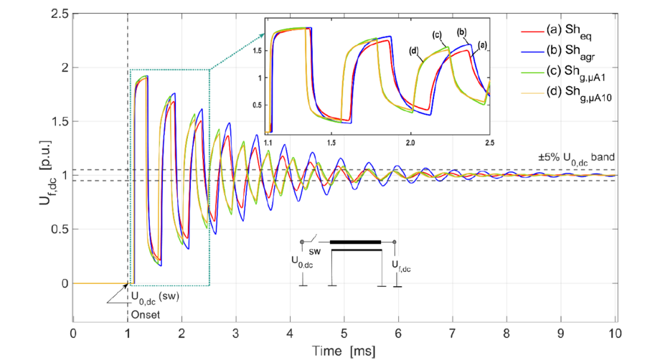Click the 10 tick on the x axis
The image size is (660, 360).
[x=616, y=333]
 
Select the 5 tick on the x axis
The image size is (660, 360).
[x=344, y=333]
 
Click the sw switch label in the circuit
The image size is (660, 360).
[x=315, y=252]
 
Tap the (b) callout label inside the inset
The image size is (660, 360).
[x=461, y=32]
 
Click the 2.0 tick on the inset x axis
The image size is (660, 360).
[x=411, y=143]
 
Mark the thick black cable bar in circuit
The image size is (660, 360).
[x=355, y=242]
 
